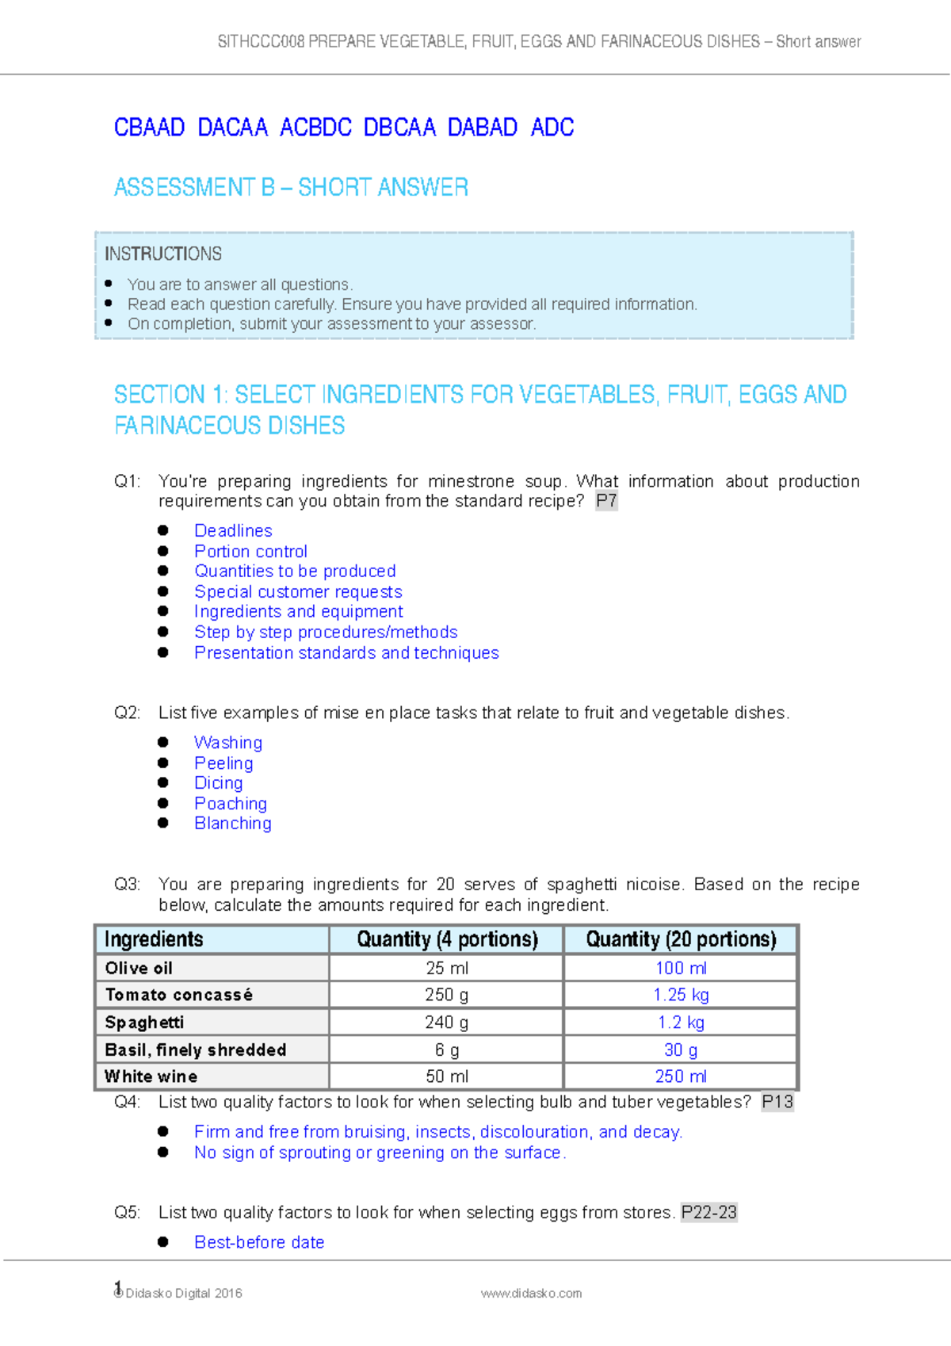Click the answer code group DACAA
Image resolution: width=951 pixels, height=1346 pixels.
232,128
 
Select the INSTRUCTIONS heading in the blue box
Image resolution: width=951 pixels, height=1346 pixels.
163,254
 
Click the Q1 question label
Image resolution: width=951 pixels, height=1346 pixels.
127,481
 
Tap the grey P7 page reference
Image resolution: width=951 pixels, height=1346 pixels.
606,501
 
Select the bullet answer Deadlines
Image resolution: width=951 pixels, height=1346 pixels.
233,530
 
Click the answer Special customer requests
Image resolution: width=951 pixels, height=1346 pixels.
298,591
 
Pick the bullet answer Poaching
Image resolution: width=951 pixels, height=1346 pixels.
231,803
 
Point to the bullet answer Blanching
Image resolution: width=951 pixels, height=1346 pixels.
233,823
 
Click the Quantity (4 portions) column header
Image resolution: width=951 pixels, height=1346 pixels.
447,939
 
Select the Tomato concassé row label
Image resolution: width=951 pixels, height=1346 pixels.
179,995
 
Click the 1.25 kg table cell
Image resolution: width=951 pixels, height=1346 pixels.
681,995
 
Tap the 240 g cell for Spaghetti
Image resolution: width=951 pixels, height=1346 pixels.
446,1022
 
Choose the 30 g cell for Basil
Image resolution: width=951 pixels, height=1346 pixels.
681,1050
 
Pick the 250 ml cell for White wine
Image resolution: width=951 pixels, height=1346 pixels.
681,1076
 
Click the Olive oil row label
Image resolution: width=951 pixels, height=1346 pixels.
139,968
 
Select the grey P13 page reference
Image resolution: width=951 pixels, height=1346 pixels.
777,1102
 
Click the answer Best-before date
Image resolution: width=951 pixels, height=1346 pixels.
259,1242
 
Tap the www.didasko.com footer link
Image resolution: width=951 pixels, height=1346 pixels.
531,1293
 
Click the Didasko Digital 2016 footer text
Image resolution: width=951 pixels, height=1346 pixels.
183,1293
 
